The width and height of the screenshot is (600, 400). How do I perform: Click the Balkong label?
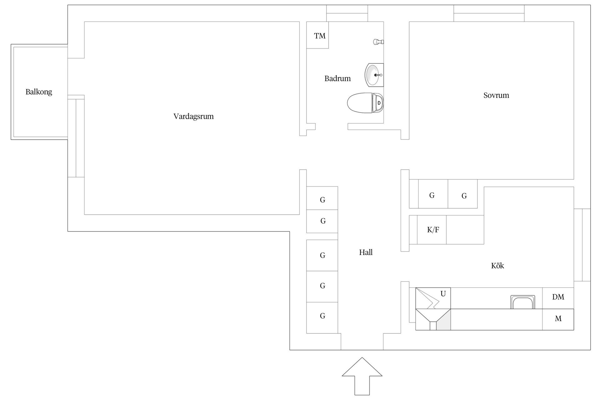39,92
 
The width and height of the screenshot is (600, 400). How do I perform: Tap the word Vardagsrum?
193,117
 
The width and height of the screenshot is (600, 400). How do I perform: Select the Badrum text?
337,78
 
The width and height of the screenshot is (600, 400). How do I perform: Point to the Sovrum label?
496,95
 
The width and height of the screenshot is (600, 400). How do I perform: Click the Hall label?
366,252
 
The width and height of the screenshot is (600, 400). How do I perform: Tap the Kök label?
497,266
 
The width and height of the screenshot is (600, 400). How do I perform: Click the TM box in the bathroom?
318,35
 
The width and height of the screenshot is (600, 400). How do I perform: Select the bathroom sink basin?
373,75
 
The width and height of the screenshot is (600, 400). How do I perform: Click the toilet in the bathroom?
365,102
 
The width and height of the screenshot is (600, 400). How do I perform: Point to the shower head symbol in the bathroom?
378,42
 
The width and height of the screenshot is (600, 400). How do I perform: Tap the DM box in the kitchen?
558,297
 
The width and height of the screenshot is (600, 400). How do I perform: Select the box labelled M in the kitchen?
558,319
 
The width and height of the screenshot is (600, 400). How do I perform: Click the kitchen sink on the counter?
522,302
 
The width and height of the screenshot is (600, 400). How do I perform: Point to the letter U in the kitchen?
443,294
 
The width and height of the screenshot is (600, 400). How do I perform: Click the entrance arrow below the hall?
362,375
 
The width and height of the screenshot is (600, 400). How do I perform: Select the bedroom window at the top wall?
489,13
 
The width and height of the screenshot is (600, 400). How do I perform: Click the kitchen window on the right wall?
582,245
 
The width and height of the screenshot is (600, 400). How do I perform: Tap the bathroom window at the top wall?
347,13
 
